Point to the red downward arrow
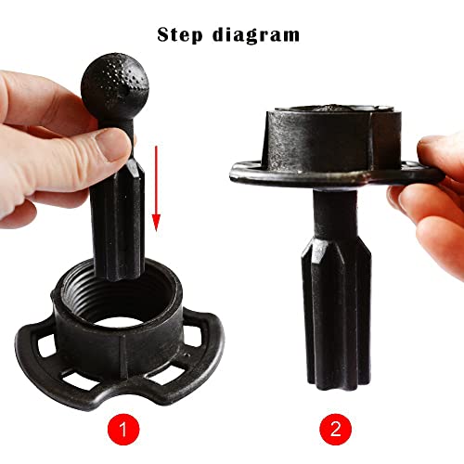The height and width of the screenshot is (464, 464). (x=157, y=186)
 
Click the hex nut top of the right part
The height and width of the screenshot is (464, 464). (x=324, y=134)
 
